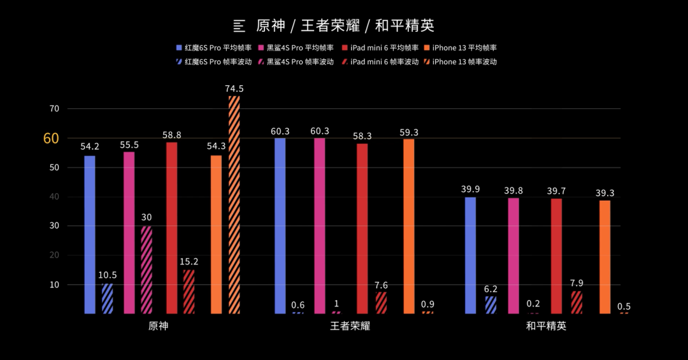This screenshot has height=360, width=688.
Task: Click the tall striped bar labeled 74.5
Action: pyautogui.click(x=234, y=204)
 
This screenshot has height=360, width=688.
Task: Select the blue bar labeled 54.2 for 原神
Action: pyautogui.click(x=90, y=234)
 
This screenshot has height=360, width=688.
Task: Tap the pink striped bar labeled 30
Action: pyautogui.click(x=147, y=270)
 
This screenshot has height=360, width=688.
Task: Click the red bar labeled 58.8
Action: pyautogui.click(x=171, y=227)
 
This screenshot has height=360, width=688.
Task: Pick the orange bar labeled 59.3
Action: pyautogui.click(x=409, y=226)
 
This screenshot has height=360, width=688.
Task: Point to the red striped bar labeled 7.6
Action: pyautogui.click(x=381, y=303)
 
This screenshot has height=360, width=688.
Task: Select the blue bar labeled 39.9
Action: pyautogui.click(x=470, y=255)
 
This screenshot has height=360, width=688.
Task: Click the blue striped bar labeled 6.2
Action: pyautogui.click(x=491, y=305)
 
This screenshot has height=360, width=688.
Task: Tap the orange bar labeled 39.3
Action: pyautogui.click(x=605, y=257)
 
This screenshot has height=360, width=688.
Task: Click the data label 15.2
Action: pyautogui.click(x=189, y=261)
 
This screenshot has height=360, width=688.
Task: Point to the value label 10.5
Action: pyautogui.click(x=107, y=275)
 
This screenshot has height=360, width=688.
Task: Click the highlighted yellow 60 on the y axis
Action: pyautogui.click(x=51, y=138)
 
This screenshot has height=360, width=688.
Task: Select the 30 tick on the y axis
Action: pyautogui.click(x=54, y=226)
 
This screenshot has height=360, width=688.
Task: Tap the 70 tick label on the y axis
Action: pyautogui.click(x=54, y=109)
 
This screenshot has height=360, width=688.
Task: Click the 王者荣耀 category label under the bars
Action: pyautogui.click(x=350, y=326)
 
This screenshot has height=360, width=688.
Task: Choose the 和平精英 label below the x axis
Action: pyautogui.click(x=546, y=326)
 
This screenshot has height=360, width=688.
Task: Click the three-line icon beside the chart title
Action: pyautogui.click(x=240, y=26)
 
